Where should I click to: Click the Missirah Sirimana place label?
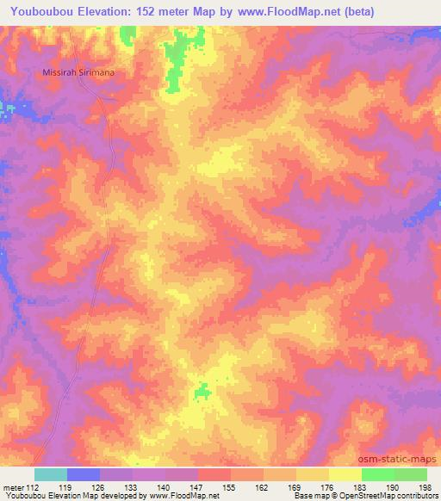[x=78, y=73]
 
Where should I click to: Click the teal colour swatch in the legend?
[x=51, y=474]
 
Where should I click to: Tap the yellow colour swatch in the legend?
[x=345, y=474]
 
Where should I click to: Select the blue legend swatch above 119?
[x=84, y=474]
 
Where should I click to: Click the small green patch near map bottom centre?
[x=202, y=392]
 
